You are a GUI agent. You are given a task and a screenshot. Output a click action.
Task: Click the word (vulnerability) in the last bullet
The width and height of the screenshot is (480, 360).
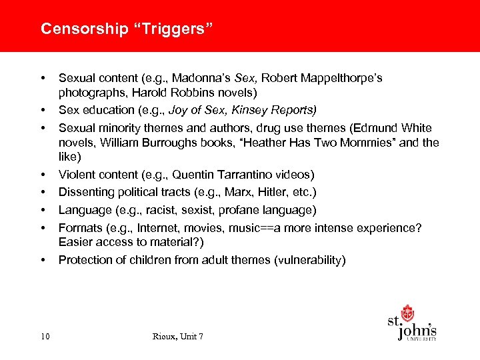(310, 260)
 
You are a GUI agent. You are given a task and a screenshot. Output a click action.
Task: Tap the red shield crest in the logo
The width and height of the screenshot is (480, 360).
(407, 313)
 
